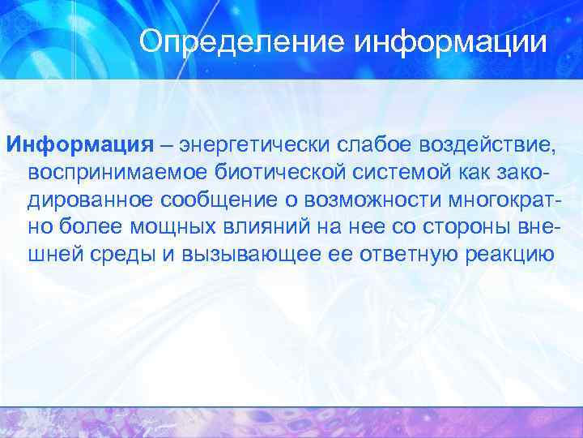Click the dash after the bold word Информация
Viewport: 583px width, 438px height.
[x=165, y=145]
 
